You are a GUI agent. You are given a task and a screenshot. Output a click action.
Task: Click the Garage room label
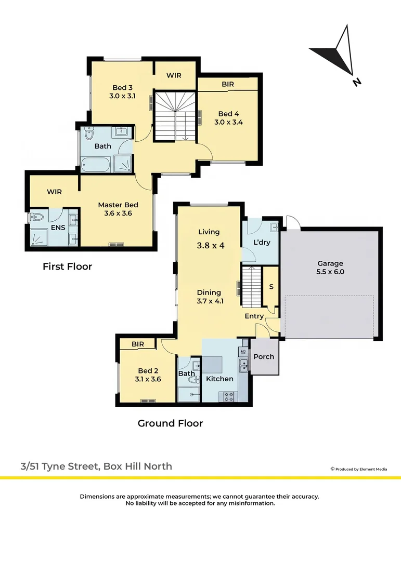[x=330, y=263]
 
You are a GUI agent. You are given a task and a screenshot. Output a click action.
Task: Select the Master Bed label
[x=118, y=205]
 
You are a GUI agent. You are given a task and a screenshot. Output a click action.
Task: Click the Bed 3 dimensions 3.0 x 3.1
[x=123, y=96]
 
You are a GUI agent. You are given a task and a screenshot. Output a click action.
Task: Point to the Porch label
[x=264, y=357]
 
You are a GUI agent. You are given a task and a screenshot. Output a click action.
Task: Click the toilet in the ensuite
[x=36, y=217]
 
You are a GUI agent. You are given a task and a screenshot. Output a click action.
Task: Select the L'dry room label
[x=262, y=242]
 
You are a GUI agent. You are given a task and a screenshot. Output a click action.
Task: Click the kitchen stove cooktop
[x=229, y=396]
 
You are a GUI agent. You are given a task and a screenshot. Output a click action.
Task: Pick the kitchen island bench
[x=213, y=365]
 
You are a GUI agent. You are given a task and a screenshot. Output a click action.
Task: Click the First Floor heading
[x=68, y=266]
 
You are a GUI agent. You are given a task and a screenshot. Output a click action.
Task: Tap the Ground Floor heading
[x=170, y=423]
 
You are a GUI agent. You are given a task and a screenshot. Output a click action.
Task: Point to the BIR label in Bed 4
[x=228, y=84]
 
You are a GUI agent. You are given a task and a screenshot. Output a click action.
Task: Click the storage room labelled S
[x=271, y=286]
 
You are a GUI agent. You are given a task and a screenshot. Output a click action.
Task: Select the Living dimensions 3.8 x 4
[x=210, y=245]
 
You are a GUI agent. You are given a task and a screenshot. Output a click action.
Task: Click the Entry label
[x=254, y=316]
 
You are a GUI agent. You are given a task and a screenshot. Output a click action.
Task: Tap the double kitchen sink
[x=244, y=365]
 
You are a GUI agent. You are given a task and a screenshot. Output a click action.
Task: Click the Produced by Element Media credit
[x=359, y=469]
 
